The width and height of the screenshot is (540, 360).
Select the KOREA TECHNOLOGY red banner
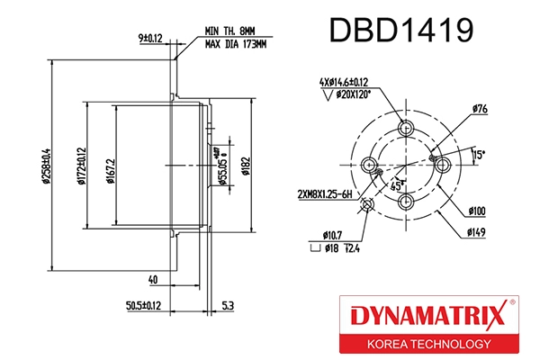click(x=420, y=344)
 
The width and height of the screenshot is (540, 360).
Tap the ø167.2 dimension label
click(x=107, y=167)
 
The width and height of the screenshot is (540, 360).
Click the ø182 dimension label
click(x=244, y=167)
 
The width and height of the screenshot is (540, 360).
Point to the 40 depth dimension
click(x=155, y=281)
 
